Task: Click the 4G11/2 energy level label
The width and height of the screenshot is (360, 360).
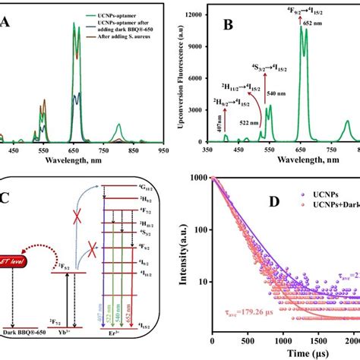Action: pos(147,198)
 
